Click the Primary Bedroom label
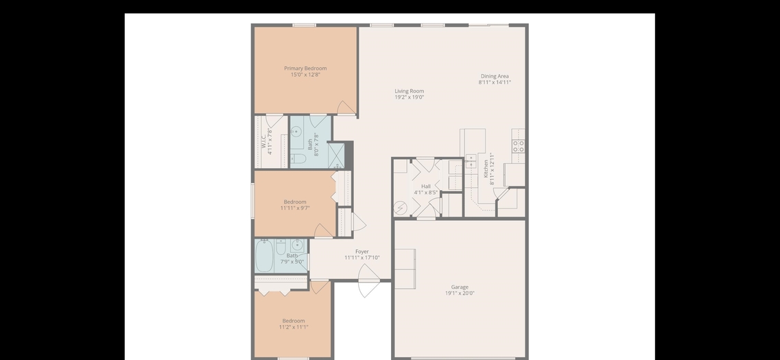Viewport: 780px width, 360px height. [x=305, y=68]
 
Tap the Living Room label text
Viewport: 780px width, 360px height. [x=410, y=91]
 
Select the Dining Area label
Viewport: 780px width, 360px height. [x=495, y=76]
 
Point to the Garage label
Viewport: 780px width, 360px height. [x=460, y=287]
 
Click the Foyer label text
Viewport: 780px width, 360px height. [x=362, y=252]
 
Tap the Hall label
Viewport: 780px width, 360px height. [x=426, y=187]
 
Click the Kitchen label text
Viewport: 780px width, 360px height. [x=486, y=169]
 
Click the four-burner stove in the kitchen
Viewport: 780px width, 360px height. [x=519, y=145]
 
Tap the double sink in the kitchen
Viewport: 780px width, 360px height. [x=471, y=162]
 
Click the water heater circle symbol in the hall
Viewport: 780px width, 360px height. [x=401, y=207]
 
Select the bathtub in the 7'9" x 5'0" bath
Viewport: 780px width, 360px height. [x=264, y=256]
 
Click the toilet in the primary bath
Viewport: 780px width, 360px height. [x=298, y=159]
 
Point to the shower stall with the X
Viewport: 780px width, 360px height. [x=337, y=156]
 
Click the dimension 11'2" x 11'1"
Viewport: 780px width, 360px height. [x=294, y=327]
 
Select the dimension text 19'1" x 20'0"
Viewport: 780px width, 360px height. [x=460, y=293]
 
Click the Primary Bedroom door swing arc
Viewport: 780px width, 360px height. [x=346, y=108]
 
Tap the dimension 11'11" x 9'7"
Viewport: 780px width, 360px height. [x=295, y=208]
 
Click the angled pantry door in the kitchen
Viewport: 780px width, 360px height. [x=503, y=195]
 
